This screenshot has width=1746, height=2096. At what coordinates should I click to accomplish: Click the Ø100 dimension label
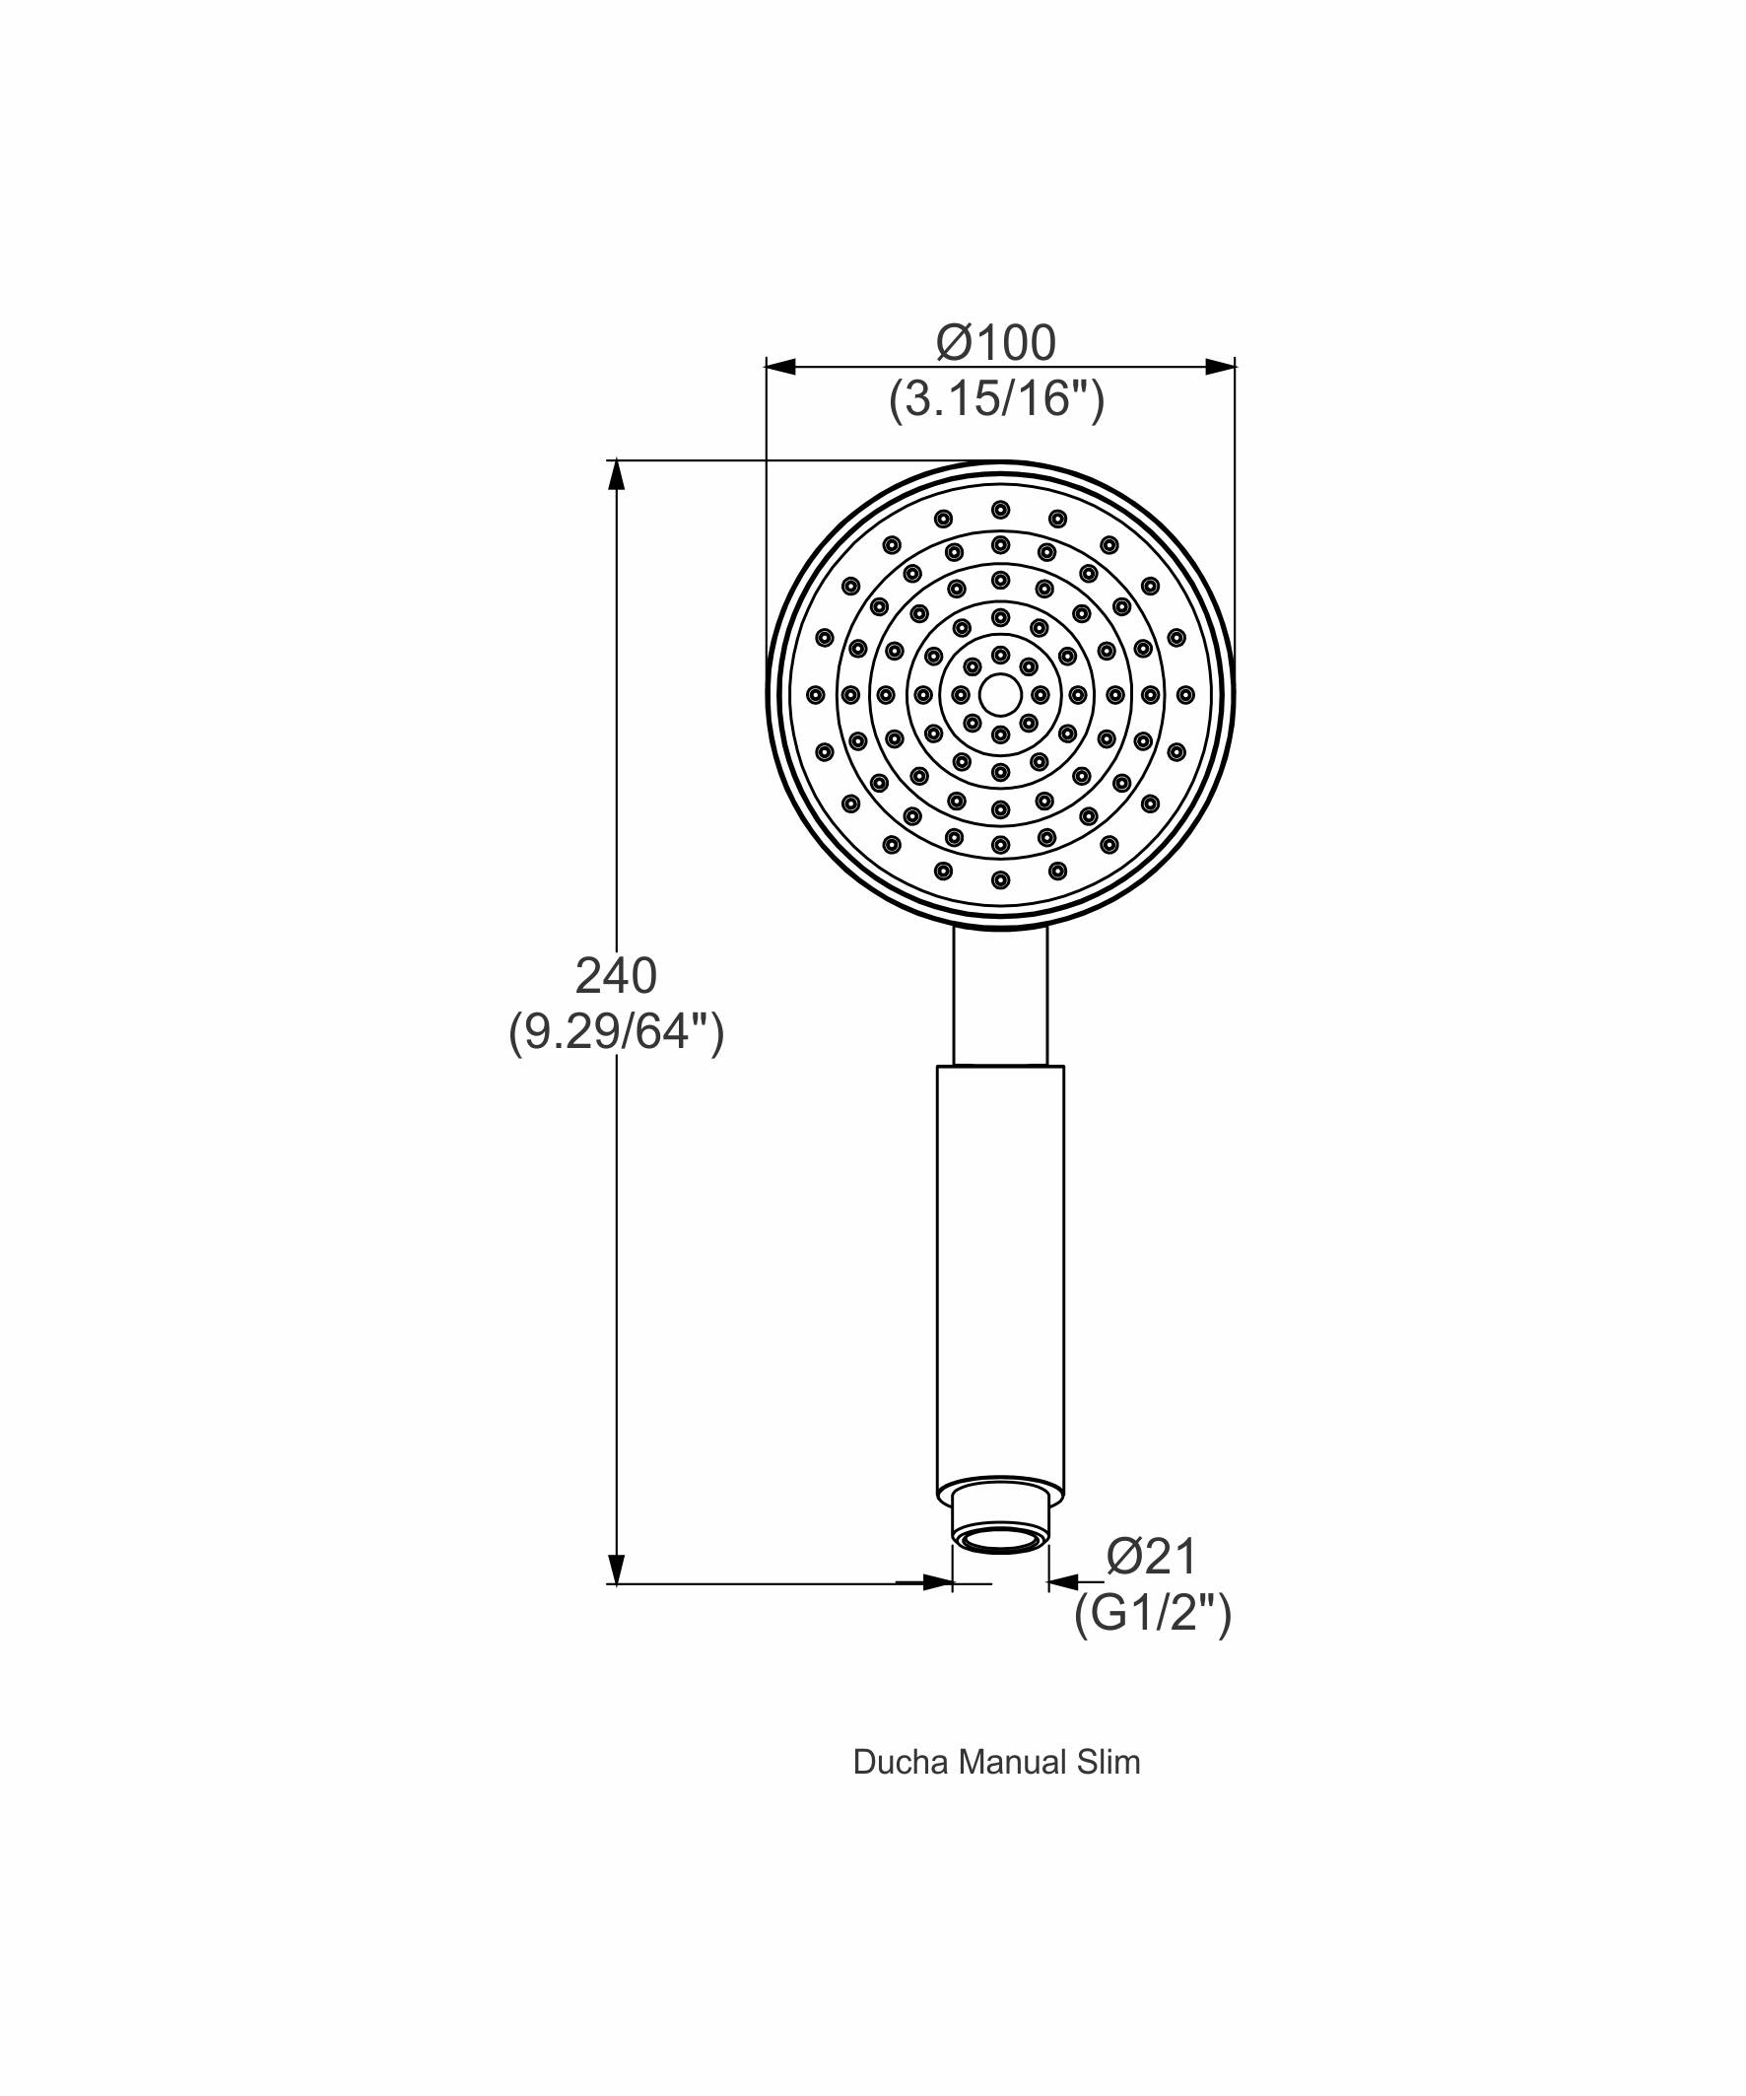[996, 343]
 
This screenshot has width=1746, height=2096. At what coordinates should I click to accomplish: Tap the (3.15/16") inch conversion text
[997, 399]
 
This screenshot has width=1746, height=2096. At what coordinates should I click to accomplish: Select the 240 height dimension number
[616, 975]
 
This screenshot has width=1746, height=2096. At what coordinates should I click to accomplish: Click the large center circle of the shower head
[1000, 695]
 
